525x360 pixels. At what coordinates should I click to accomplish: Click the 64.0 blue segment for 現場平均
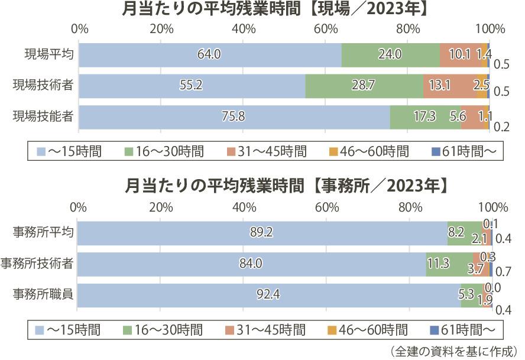210,55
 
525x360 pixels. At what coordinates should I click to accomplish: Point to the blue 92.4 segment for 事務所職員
269,294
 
